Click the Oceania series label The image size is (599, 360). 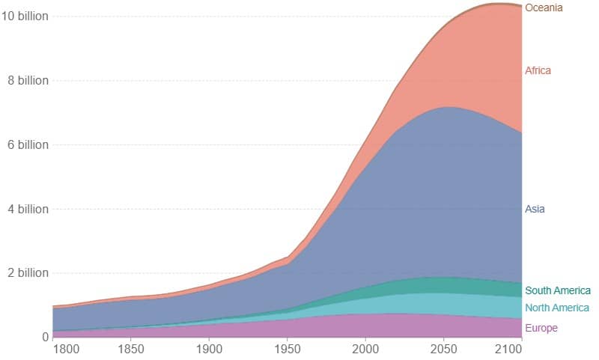[x=544, y=7]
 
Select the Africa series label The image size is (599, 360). [x=538, y=70]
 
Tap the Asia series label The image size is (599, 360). [x=535, y=209]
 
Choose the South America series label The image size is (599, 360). [x=558, y=290]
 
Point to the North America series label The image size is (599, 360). [x=557, y=308]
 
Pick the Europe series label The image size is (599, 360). [x=541, y=328]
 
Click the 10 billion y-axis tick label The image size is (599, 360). [x=25, y=16]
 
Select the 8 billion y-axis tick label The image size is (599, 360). [x=27, y=80]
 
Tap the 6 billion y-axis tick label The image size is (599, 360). [x=27, y=144]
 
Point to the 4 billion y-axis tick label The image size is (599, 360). [x=27, y=209]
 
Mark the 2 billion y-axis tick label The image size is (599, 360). [x=27, y=273]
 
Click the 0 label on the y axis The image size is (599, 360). [x=45, y=337]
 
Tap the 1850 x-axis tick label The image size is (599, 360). [x=131, y=349]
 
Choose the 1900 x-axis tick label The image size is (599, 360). [x=209, y=349]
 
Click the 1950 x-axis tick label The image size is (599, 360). [x=287, y=349]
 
